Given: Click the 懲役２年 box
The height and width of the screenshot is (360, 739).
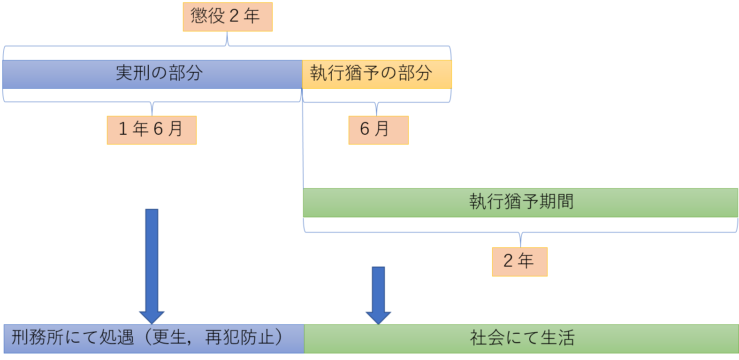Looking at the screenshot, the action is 228,17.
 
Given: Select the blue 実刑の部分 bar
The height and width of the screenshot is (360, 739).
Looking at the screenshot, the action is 152,74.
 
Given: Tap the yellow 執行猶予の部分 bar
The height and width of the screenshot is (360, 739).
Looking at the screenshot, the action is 377,74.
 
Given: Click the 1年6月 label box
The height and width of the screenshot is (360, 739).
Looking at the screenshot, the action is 152,130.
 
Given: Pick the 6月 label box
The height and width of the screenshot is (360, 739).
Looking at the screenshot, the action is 378,130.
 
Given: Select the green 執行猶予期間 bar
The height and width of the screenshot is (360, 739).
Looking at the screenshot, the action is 520,203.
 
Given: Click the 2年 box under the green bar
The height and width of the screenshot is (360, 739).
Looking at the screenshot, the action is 519,261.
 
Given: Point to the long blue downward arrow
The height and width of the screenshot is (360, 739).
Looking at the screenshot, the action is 152,266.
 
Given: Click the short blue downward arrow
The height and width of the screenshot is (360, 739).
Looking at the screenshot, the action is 378,295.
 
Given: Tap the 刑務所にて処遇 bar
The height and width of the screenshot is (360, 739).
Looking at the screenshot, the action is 154,338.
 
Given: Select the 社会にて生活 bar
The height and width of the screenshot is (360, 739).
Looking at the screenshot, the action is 521,338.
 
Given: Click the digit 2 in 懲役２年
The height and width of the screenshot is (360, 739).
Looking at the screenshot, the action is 234,16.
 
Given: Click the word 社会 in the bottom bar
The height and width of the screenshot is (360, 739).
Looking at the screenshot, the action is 488,337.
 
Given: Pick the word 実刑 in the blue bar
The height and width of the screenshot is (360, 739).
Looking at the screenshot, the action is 133,73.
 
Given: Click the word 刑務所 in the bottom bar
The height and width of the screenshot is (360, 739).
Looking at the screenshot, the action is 38,337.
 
